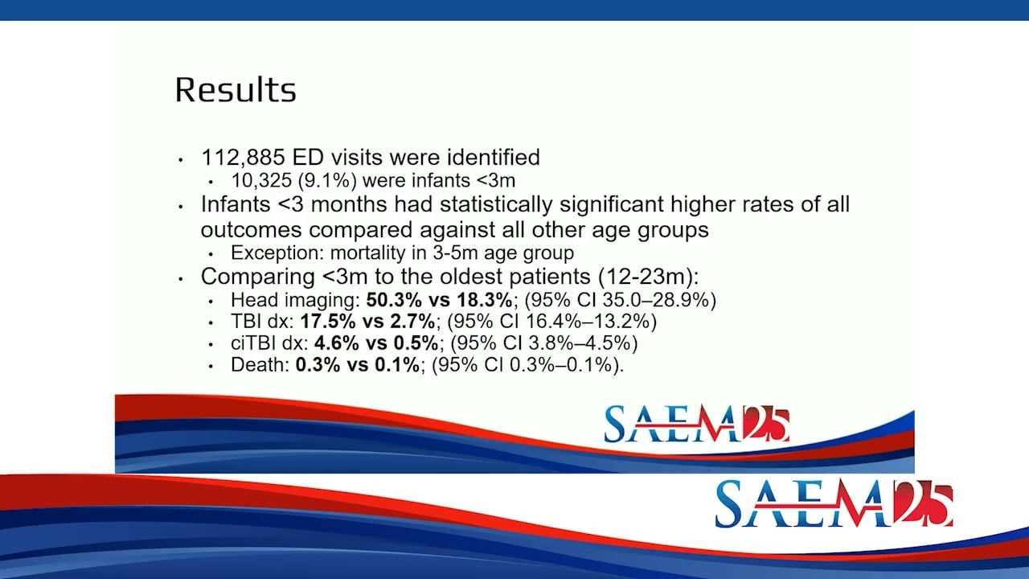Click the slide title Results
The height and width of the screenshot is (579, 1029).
point(236,90)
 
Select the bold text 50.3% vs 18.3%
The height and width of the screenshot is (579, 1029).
point(439,300)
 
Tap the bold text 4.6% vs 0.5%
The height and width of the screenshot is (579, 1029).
point(376,343)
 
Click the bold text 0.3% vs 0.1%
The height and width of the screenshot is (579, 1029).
point(358,365)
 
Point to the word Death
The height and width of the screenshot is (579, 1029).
point(257,365)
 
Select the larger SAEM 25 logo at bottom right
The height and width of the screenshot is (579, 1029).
point(834,504)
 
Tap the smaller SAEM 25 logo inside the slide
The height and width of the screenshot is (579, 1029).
point(696,425)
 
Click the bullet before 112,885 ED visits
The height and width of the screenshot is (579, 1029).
point(181,159)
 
